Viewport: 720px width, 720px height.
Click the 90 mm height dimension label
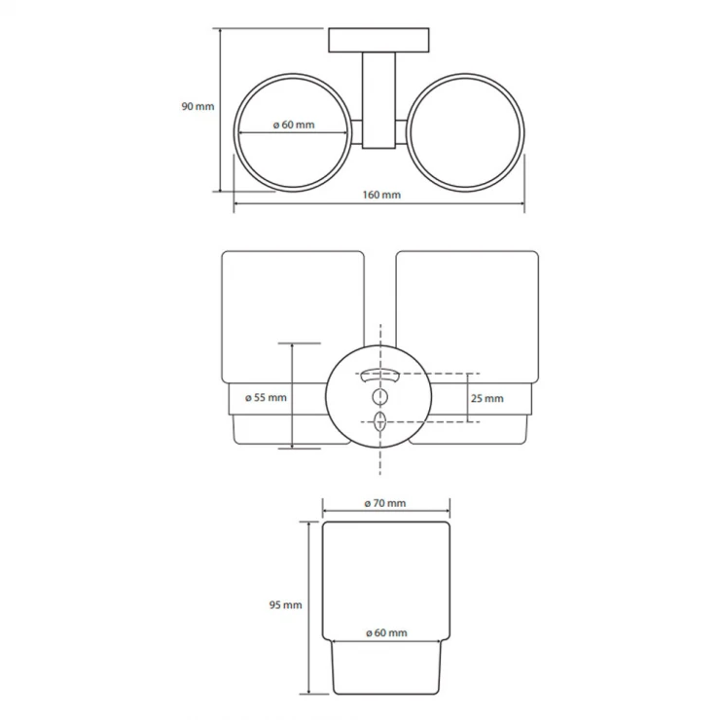(198, 106)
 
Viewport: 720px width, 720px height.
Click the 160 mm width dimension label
(381, 195)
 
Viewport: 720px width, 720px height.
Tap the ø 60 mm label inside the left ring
(294, 125)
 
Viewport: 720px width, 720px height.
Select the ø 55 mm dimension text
(266, 398)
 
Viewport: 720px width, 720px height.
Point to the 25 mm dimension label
(487, 399)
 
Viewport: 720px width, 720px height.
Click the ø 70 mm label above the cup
(385, 503)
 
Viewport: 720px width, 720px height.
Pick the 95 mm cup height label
(286, 605)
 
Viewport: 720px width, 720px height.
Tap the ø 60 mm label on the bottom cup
(386, 632)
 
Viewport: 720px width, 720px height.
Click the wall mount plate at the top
(378, 40)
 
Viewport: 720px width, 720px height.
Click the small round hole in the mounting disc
(379, 396)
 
